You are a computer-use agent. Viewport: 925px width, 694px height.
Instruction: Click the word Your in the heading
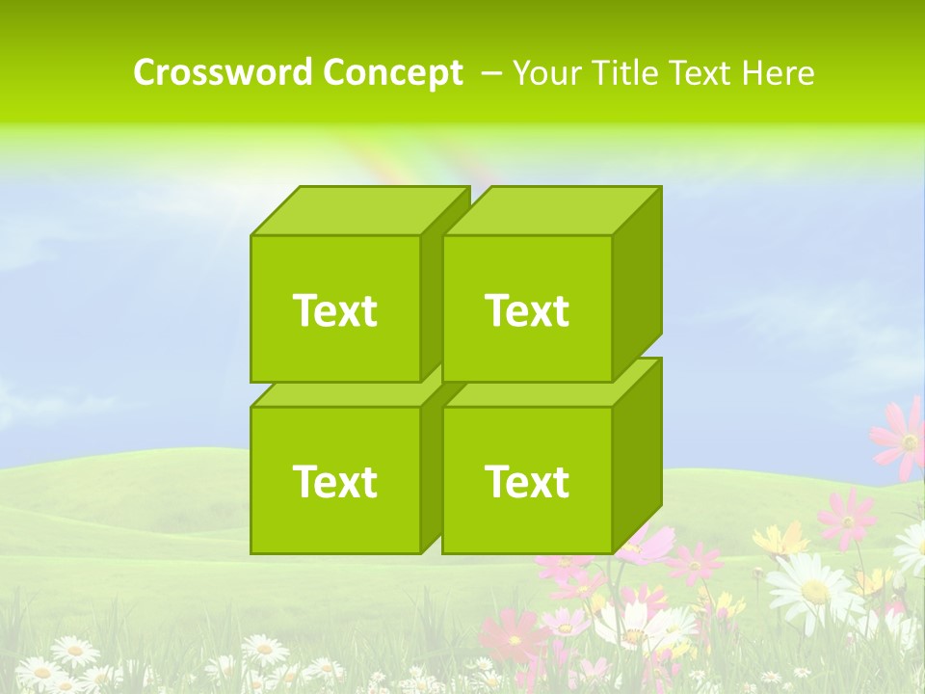coord(545,72)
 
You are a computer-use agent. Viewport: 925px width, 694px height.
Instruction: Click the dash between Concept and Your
coord(489,72)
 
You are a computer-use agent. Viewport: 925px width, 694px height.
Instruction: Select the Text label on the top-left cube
coord(334,310)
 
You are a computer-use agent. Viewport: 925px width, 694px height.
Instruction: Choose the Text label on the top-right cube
coord(527,310)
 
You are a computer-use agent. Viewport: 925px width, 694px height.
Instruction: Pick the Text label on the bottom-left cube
coord(334,481)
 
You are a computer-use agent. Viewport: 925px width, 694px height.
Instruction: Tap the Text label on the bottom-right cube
coord(527,481)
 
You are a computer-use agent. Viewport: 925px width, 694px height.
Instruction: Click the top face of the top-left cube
coord(358,211)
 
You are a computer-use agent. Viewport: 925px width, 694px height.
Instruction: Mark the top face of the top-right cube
coord(551,211)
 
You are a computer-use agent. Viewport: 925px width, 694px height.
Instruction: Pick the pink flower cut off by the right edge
coord(901,439)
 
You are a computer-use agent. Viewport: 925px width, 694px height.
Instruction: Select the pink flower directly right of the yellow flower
coord(846,518)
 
